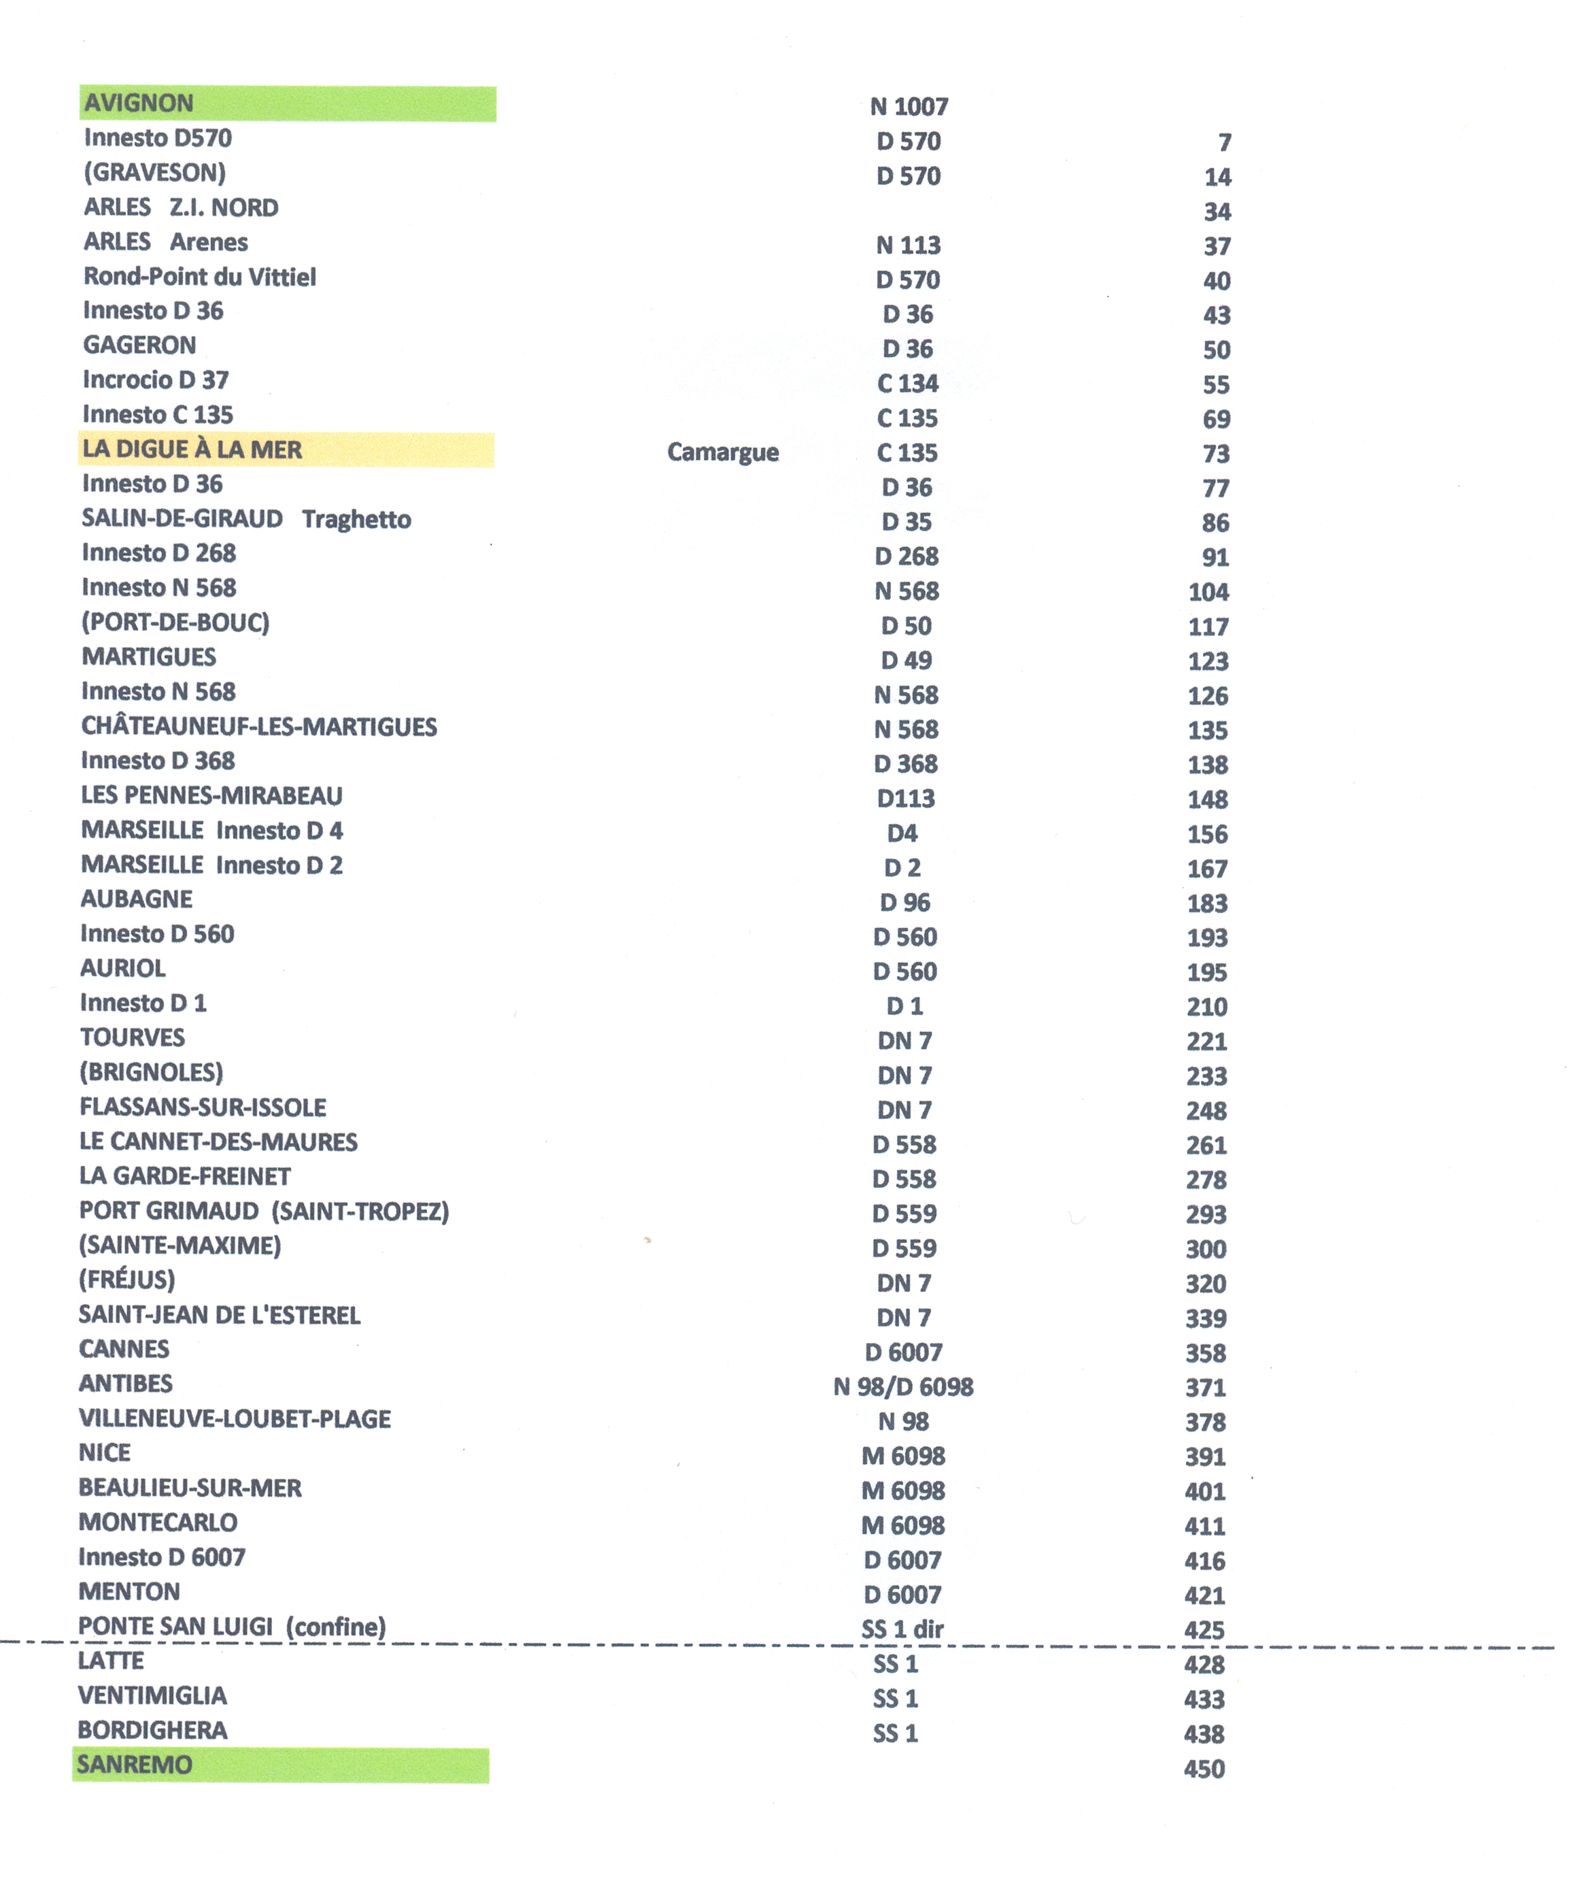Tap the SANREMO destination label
[134, 1765]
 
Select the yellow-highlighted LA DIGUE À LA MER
[192, 450]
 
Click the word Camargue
[723, 452]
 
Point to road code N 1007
[909, 107]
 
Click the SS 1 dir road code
[902, 1629]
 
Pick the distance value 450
[1204, 1769]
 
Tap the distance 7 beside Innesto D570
[1224, 142]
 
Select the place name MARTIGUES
[149, 657]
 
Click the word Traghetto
[356, 520]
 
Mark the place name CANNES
[124, 1350]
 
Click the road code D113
[905, 799]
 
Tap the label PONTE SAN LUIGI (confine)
[232, 1627]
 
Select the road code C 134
[907, 384]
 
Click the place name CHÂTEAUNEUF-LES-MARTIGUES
[259, 727]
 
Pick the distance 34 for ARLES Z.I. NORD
[1217, 212]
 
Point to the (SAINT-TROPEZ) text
[360, 1212]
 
